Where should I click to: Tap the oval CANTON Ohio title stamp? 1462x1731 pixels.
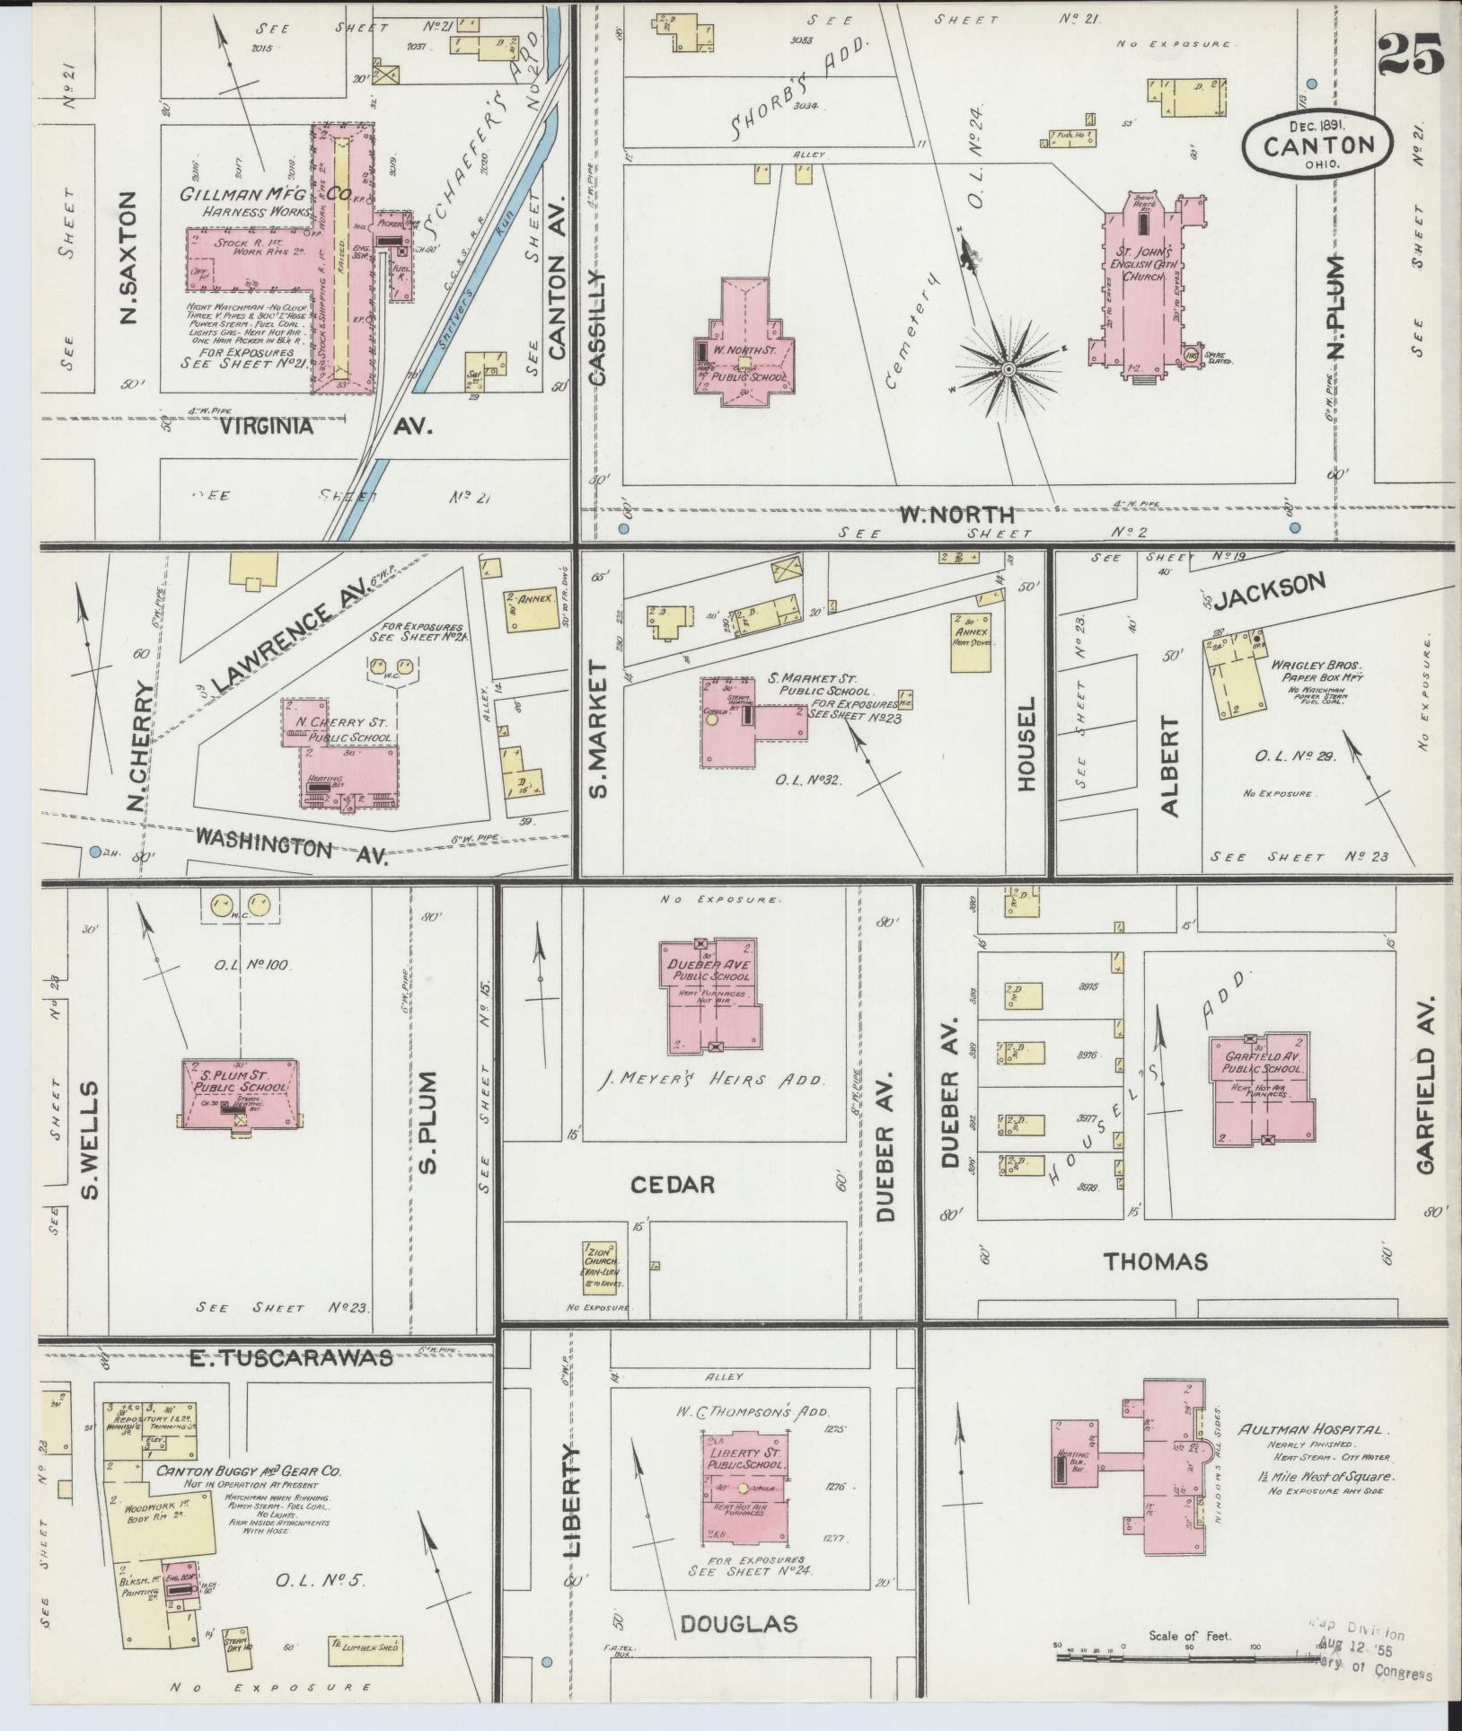(1318, 144)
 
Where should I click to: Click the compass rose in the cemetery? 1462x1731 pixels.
(1008, 368)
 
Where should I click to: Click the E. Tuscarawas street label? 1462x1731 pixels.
(291, 1358)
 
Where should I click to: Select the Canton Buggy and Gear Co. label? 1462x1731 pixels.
(249, 1471)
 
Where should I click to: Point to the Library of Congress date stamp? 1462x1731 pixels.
(1365, 1656)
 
